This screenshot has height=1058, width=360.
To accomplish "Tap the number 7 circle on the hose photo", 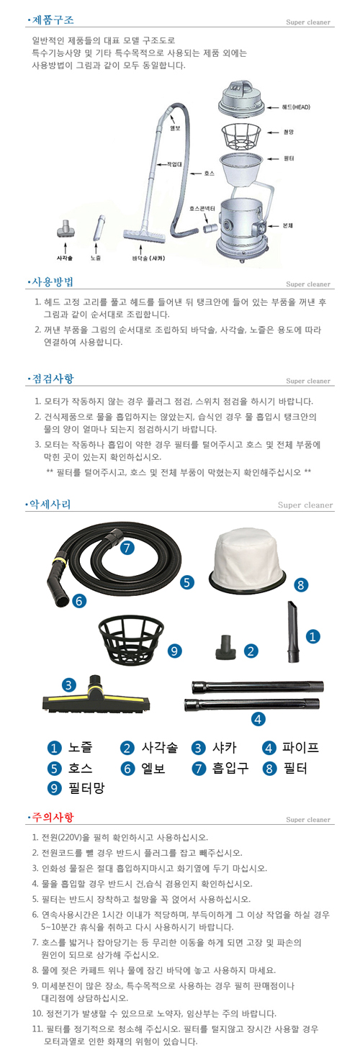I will (127, 548).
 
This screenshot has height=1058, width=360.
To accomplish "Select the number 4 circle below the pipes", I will (257, 718).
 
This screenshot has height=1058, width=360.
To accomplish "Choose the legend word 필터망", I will (86, 788).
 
